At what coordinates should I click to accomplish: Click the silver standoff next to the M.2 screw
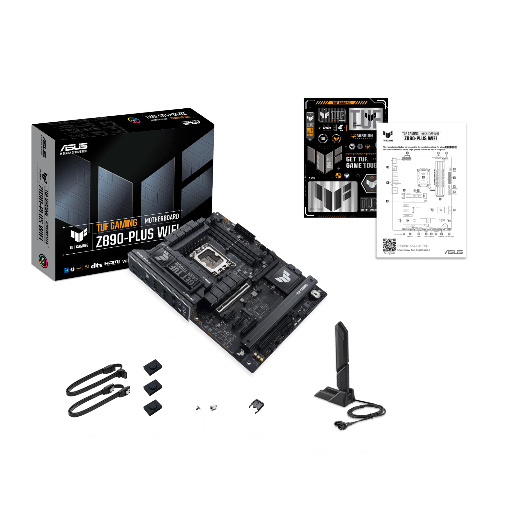(x=213, y=407)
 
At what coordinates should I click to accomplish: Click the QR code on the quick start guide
(x=389, y=244)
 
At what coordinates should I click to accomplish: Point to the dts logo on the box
(x=96, y=265)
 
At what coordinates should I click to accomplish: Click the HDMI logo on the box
(x=112, y=263)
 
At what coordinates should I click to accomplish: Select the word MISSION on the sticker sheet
(x=365, y=136)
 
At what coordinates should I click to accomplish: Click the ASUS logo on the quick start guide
(x=454, y=252)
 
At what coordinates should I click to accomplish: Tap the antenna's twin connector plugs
(x=340, y=426)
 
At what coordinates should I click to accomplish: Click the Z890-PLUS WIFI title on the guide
(x=420, y=138)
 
